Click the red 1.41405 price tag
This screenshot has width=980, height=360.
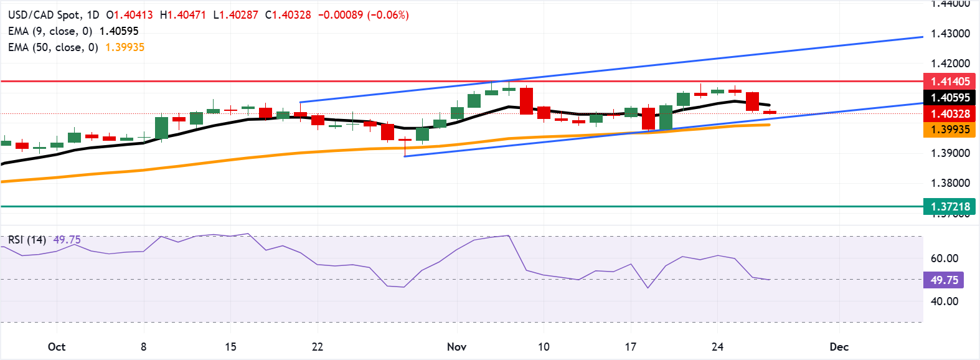pyautogui.click(x=950, y=82)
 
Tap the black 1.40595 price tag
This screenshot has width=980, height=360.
pyautogui.click(x=950, y=98)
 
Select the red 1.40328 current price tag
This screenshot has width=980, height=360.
pyautogui.click(x=950, y=114)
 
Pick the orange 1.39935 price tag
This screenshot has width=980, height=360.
pyautogui.click(x=950, y=130)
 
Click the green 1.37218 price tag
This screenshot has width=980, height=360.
pyautogui.click(x=950, y=207)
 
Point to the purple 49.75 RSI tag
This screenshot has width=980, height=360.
pyautogui.click(x=944, y=280)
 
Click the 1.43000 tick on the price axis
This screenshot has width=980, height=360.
pyautogui.click(x=950, y=34)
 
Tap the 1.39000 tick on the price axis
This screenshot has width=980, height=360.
pyautogui.click(x=950, y=153)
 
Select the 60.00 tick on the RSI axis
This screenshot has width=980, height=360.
pyautogui.click(x=944, y=258)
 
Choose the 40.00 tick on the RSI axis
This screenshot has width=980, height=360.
pyautogui.click(x=944, y=301)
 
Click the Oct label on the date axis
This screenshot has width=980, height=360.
pyautogui.click(x=57, y=347)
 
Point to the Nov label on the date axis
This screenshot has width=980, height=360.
pyautogui.click(x=456, y=347)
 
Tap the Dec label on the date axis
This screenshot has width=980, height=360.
pyautogui.click(x=839, y=347)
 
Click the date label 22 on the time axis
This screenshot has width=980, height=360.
pyautogui.click(x=318, y=347)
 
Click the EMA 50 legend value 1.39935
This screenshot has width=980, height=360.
pyautogui.click(x=125, y=47)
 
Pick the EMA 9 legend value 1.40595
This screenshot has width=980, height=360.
pyautogui.click(x=119, y=31)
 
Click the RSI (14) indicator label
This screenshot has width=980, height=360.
pyautogui.click(x=27, y=240)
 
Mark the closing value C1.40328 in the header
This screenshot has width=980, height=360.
pyautogui.click(x=288, y=15)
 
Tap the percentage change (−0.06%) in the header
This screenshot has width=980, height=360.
pyautogui.click(x=388, y=15)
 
